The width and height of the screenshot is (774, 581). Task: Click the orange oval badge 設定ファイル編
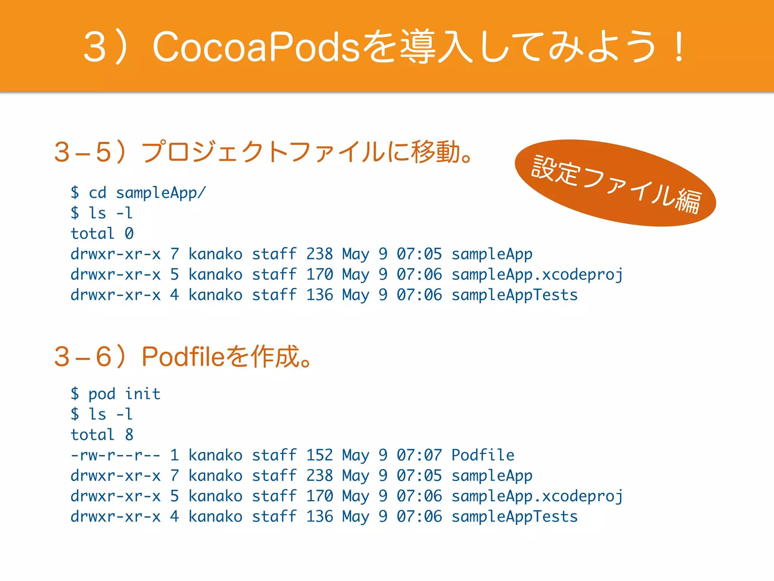point(615,183)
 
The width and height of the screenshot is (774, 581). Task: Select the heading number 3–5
point(83,152)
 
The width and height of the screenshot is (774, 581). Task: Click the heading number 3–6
point(83,357)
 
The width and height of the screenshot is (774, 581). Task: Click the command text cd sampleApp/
point(147,193)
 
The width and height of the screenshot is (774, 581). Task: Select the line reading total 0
point(102,233)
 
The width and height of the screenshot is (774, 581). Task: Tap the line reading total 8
point(102,435)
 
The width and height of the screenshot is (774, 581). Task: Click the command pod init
point(124,394)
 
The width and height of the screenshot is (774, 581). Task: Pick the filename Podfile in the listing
point(483,455)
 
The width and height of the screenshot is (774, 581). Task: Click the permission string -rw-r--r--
point(115,455)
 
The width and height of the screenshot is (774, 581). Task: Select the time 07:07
point(419,455)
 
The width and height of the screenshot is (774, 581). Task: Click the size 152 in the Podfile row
point(319,455)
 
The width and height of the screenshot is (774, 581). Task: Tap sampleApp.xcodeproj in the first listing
point(537,275)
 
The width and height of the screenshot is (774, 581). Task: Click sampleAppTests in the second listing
point(514,517)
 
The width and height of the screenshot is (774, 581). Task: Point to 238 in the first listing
point(319,254)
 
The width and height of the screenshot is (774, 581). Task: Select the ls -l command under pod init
point(110,414)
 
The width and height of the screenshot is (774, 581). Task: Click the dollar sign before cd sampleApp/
point(75,193)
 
